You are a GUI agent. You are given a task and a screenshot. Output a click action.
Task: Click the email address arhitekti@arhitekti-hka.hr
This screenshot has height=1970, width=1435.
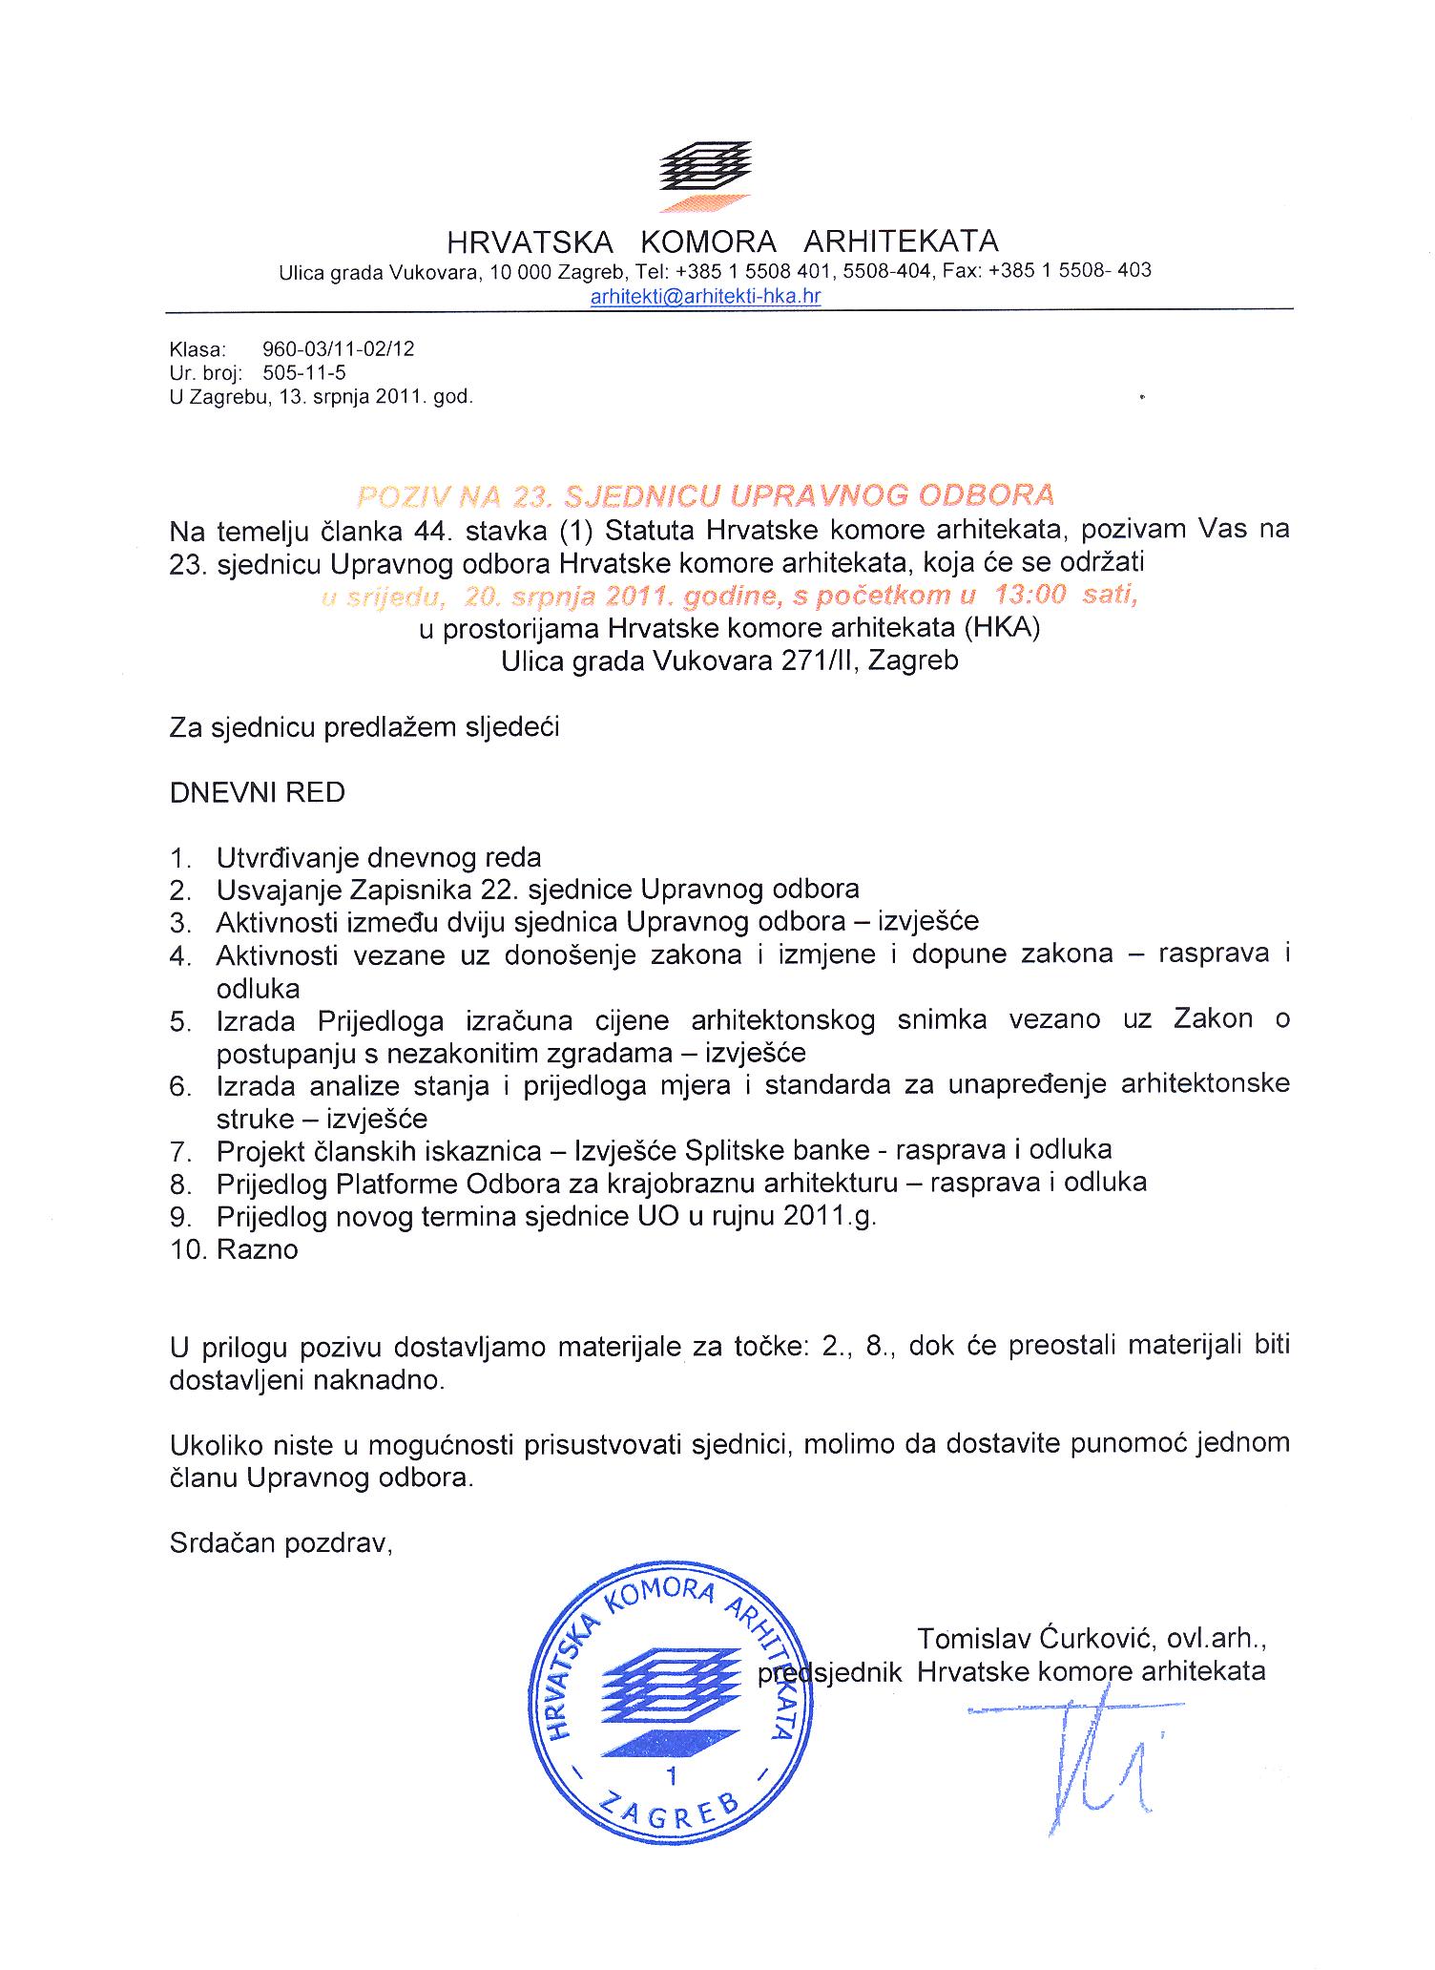pyautogui.click(x=705, y=296)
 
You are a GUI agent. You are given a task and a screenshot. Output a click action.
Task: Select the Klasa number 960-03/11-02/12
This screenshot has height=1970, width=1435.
pyautogui.click(x=338, y=349)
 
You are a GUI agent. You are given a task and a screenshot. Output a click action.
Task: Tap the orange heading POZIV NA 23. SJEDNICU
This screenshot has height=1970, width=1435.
pyautogui.click(x=705, y=494)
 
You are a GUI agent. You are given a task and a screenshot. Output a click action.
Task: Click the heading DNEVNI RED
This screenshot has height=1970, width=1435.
pyautogui.click(x=257, y=792)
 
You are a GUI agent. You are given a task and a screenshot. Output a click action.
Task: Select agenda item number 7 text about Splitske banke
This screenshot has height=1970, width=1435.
pyautogui.click(x=663, y=1150)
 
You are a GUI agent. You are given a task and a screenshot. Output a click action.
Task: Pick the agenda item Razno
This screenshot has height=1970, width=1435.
pyautogui.click(x=257, y=1249)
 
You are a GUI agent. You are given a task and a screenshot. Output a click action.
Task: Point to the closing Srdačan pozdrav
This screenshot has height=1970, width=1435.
pyautogui.click(x=281, y=1543)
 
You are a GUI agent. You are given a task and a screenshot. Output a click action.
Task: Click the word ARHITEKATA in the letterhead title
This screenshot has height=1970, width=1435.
pyautogui.click(x=901, y=241)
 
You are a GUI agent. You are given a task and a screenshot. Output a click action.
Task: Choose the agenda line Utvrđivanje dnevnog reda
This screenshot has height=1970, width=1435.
pyautogui.click(x=378, y=857)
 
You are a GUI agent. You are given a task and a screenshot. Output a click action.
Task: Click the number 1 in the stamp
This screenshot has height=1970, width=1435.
pyautogui.click(x=673, y=1775)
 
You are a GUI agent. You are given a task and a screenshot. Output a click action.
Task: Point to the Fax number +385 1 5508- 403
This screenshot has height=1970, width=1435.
pyautogui.click(x=1070, y=270)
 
